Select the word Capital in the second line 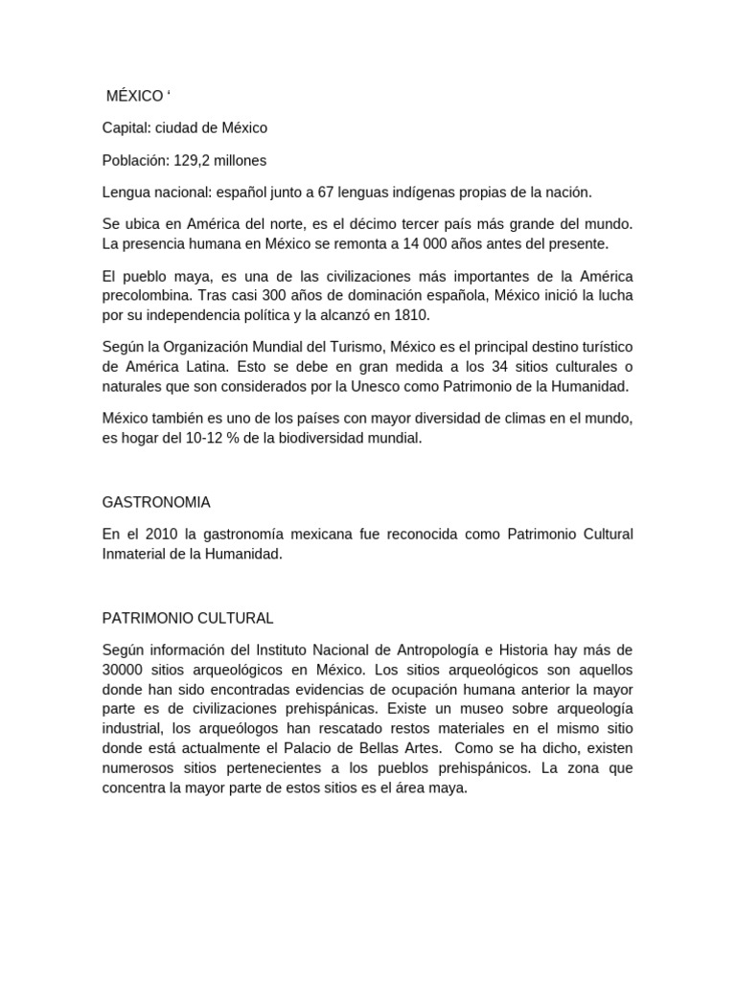tap(125, 127)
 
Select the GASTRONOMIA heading tap(156, 501)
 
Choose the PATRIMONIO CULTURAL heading tap(188, 617)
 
